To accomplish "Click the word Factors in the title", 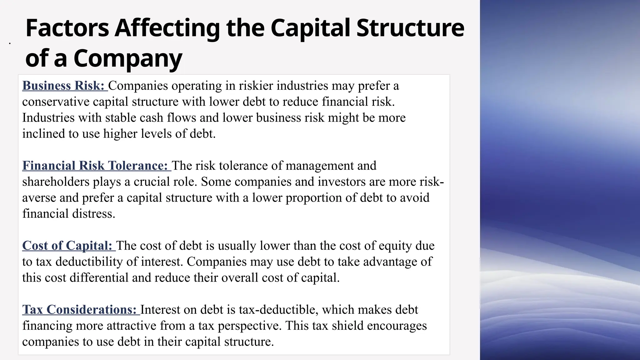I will tap(67, 28).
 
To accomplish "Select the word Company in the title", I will tap(128, 59).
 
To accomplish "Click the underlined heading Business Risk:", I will tap(63, 86).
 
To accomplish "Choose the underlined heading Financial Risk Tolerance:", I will tap(95, 166).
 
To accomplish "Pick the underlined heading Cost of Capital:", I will tap(67, 246).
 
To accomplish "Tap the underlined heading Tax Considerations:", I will tap(80, 310).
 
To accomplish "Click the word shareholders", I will tap(56, 182).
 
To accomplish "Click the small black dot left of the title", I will tap(10, 43).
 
